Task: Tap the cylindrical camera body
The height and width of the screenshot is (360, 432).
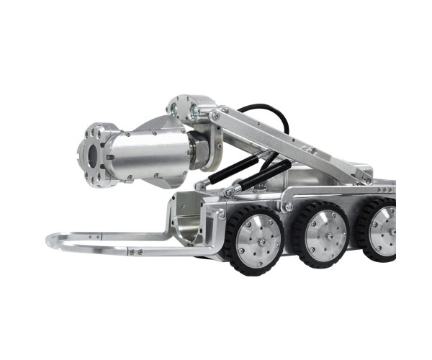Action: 148,155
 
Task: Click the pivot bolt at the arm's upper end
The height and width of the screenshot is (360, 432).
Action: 217,116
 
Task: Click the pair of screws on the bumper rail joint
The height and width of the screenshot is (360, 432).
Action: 135,252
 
